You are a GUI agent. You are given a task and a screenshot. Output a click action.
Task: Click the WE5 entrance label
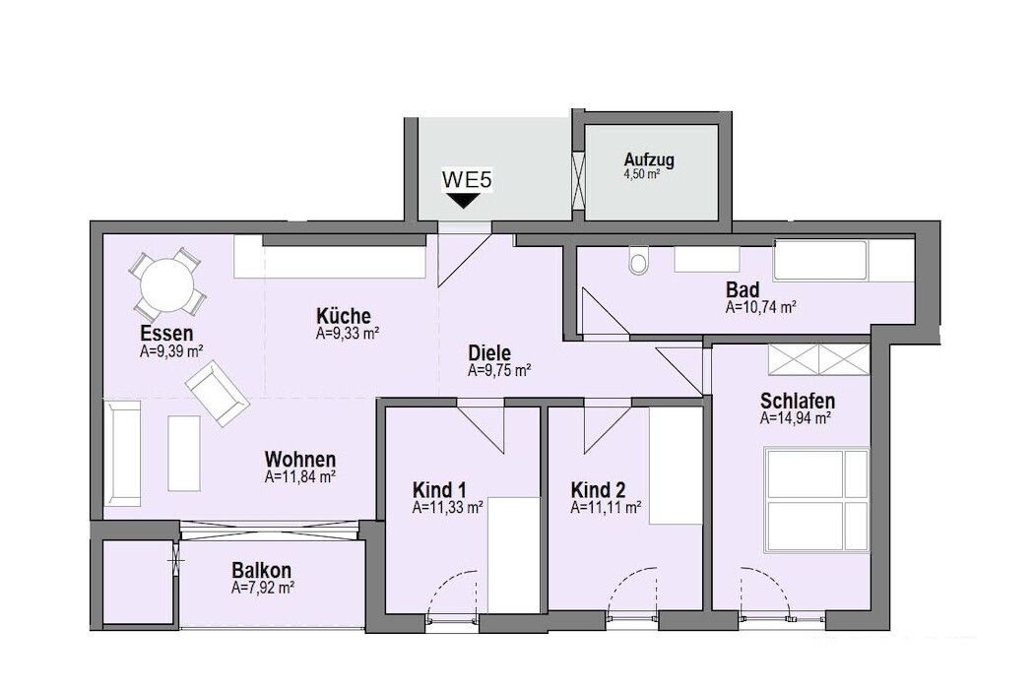[467, 180]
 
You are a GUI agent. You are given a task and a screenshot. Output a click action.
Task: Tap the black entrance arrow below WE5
[464, 201]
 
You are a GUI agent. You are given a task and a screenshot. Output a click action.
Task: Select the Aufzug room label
[649, 159]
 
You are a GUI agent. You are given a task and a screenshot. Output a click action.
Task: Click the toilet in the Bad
[639, 261]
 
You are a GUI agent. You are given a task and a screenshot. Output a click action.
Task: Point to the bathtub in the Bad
[820, 260]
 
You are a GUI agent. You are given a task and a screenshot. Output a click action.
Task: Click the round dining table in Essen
[167, 284]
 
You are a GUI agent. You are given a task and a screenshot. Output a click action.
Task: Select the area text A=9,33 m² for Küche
[347, 335]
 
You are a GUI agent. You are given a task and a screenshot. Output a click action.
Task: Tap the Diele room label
[489, 352]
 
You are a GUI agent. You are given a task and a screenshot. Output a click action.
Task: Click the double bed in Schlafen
[816, 499]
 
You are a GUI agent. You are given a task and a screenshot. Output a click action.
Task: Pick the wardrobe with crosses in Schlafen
[818, 359]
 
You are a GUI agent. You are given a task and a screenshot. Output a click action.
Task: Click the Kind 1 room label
[439, 490]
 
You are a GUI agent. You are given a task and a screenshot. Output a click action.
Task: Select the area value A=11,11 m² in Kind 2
[606, 507]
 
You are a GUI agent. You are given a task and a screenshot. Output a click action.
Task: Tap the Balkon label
[261, 570]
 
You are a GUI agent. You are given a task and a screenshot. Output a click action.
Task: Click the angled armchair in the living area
[218, 396]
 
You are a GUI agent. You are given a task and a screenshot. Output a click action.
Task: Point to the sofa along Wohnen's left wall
[122, 453]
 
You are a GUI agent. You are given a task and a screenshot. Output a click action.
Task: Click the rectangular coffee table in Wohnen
[184, 453]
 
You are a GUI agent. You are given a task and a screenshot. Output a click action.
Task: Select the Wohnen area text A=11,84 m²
[300, 477]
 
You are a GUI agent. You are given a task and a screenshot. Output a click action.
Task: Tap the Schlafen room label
[798, 401]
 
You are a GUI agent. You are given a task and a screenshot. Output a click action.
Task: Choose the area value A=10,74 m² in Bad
[760, 307]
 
